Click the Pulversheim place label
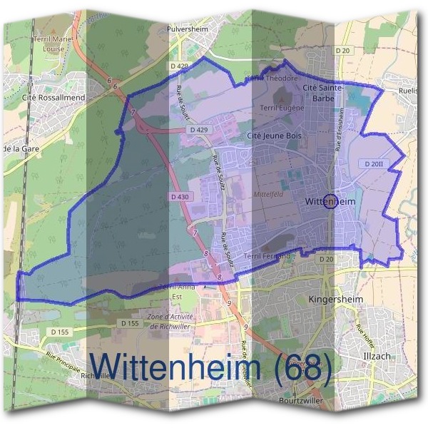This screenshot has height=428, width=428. click(186, 29)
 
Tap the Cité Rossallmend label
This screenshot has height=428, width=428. click(54, 97)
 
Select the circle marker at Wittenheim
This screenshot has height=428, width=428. click(330, 202)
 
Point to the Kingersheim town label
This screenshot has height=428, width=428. click(336, 299)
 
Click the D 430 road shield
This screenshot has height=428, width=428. click(181, 196)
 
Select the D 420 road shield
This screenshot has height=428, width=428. click(183, 66)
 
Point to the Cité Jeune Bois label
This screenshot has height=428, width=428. click(270, 135)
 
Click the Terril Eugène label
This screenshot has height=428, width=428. click(282, 108)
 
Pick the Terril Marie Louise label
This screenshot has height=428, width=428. click(53, 44)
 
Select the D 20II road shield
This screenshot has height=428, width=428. click(374, 163)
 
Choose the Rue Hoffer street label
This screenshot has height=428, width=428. click(365, 330)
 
